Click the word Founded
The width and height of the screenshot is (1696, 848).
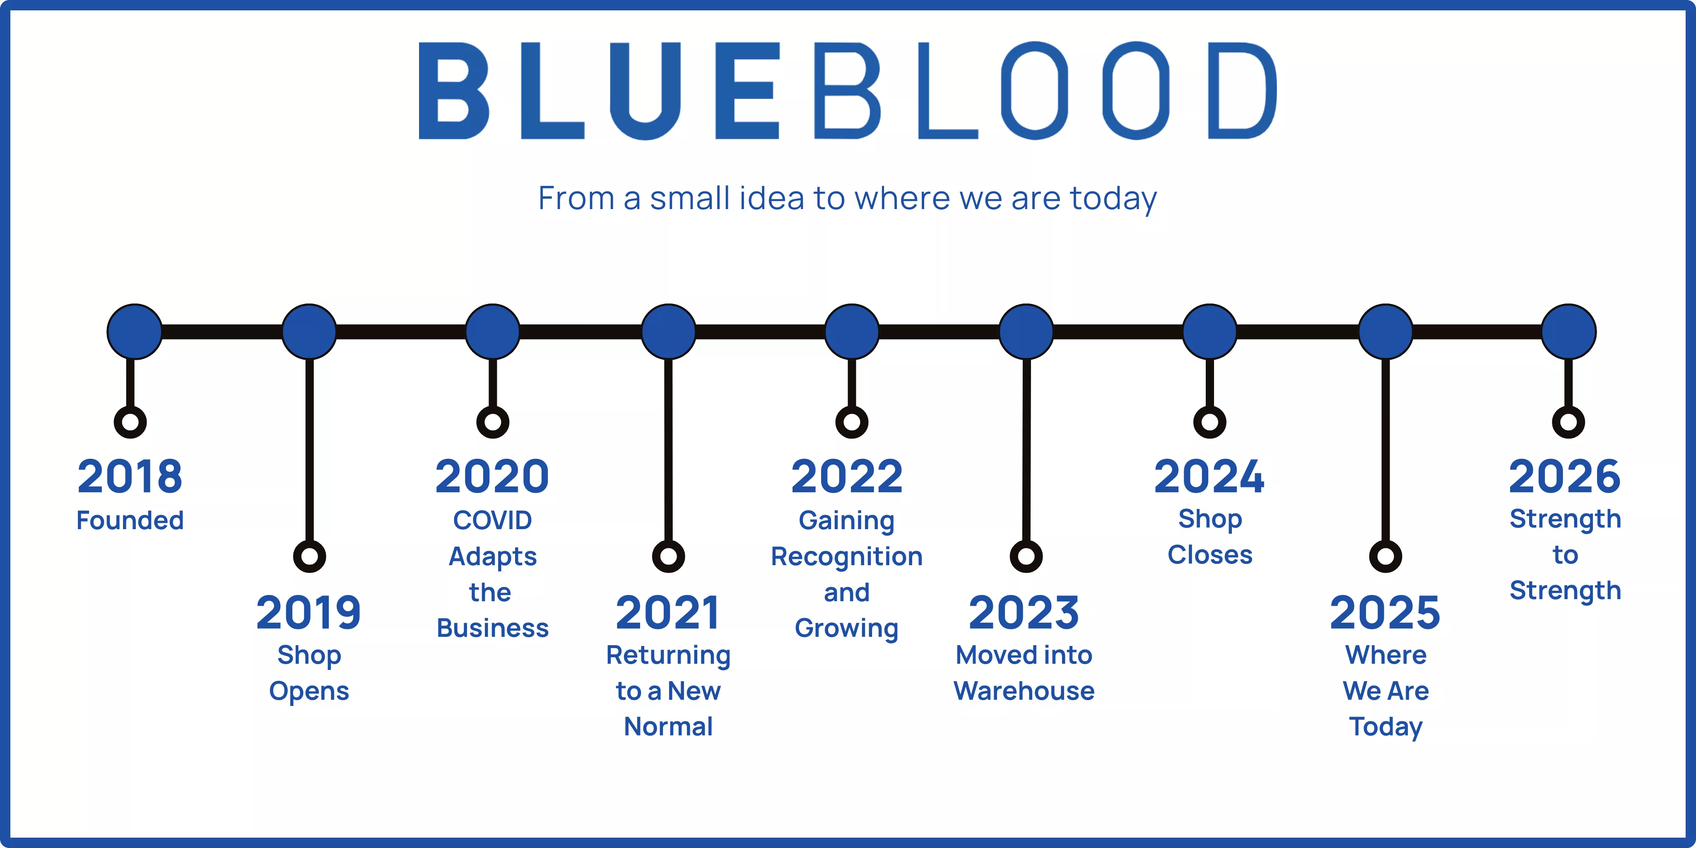tap(130, 520)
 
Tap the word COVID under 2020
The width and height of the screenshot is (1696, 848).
tap(492, 520)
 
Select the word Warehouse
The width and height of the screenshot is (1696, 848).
tap(1024, 691)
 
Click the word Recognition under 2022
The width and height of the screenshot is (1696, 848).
tap(847, 556)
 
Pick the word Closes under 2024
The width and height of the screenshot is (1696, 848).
tap(1209, 554)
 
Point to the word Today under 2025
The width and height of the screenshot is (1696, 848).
tap(1386, 727)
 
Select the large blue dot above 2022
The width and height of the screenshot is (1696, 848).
tap(851, 331)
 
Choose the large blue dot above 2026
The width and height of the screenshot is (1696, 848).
tap(1568, 331)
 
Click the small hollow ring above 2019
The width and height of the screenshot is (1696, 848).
tap(309, 556)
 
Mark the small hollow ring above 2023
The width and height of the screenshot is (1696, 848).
tap(1026, 556)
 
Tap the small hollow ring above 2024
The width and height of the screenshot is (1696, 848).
tap(1209, 422)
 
